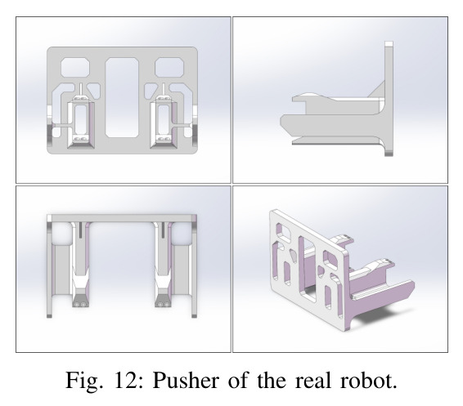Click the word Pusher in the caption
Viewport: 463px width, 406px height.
186,380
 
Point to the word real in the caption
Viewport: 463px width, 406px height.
313,380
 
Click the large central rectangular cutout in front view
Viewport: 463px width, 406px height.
122,97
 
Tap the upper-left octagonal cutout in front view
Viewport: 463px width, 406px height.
75,68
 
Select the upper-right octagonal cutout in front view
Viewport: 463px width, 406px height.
169,68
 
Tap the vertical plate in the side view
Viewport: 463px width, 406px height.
389,99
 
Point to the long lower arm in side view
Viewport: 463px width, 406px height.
330,127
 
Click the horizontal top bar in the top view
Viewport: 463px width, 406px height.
122,218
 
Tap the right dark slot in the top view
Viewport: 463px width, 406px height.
163,230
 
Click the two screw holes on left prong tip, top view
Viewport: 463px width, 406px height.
81,304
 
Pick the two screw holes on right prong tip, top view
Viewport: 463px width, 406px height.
163,304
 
